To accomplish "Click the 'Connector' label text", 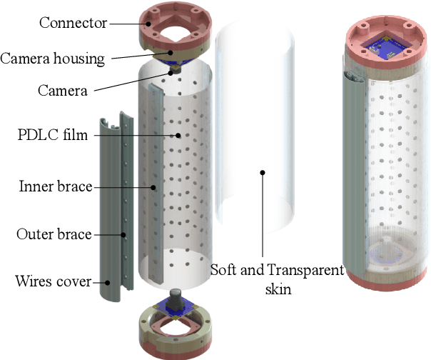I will [73, 23].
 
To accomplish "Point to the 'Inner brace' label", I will [56, 187].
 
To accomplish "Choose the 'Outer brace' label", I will [54, 234].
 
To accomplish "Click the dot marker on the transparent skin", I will [263, 172].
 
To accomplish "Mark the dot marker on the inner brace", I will [153, 187].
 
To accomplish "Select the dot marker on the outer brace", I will [123, 234].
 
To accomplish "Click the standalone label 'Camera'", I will [64, 91].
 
